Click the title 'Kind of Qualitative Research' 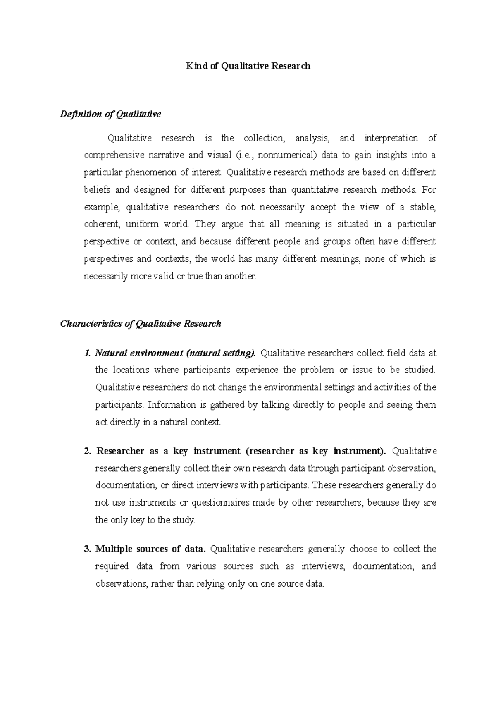[x=248, y=66]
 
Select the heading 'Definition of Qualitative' [x=110, y=114]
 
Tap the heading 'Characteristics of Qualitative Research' [x=141, y=323]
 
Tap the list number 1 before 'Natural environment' [x=87, y=353]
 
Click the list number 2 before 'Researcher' [x=87, y=451]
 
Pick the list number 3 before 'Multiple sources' [x=87, y=549]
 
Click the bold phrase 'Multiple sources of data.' [x=150, y=549]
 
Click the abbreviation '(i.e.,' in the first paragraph [x=244, y=155]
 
